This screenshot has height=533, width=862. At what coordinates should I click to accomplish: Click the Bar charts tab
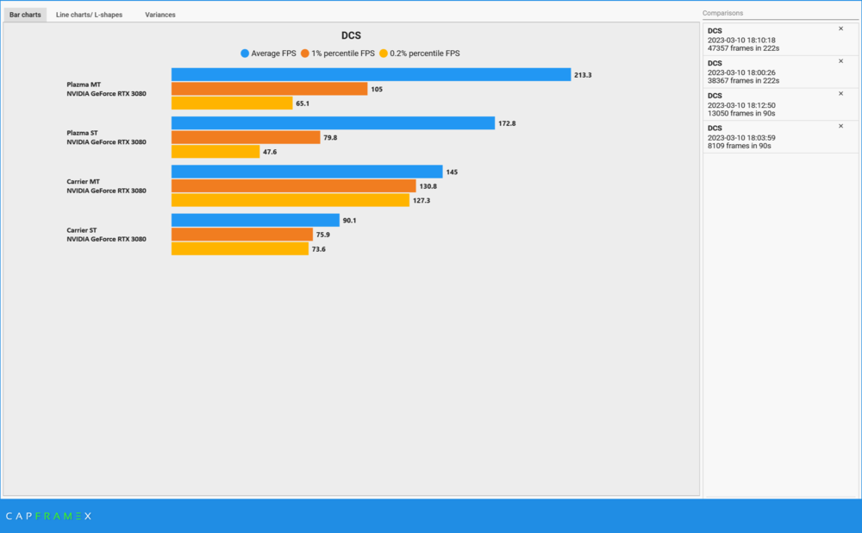coord(25,15)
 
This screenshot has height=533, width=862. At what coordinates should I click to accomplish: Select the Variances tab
coord(160,15)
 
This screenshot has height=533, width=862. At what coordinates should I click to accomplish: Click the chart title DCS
coord(351,36)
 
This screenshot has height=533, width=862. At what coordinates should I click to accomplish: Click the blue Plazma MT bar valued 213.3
coord(371,75)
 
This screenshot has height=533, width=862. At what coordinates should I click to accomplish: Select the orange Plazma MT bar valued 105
coord(269,89)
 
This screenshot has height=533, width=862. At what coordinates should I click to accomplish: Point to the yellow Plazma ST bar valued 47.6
coord(215,152)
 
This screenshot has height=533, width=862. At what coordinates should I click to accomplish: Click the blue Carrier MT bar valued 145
coord(307,172)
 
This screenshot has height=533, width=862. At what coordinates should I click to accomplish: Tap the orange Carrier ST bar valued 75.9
coord(242,235)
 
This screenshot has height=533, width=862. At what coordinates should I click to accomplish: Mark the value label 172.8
coord(508,123)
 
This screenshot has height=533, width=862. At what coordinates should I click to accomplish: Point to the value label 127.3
coord(422,200)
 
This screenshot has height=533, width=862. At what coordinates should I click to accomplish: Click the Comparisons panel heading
coord(722,14)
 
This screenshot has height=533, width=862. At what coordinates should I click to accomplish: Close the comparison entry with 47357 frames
coord(840,28)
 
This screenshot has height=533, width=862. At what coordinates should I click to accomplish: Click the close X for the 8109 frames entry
coord(840,126)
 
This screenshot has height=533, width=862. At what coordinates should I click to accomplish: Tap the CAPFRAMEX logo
coord(48,516)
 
